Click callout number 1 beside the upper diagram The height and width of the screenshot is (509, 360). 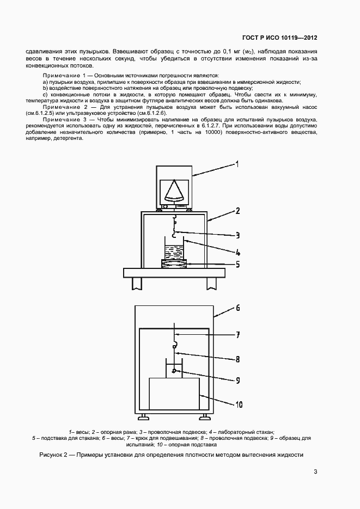[x=237, y=163]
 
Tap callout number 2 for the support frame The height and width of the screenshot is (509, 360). [x=237, y=210]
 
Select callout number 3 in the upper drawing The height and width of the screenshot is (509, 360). [x=237, y=235]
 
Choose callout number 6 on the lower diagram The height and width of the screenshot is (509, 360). [x=237, y=308]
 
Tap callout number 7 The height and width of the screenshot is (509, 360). [x=237, y=335]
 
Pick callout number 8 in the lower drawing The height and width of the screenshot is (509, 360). [x=237, y=359]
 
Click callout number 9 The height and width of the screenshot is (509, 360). [x=237, y=381]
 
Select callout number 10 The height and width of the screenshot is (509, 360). [x=239, y=404]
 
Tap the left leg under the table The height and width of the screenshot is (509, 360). [x=136, y=283]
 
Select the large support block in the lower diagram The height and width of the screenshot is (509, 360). [x=174, y=395]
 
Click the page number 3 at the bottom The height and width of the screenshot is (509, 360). [x=315, y=472]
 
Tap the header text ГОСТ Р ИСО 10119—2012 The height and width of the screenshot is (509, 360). [x=280, y=38]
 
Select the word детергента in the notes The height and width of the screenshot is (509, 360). [x=68, y=138]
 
